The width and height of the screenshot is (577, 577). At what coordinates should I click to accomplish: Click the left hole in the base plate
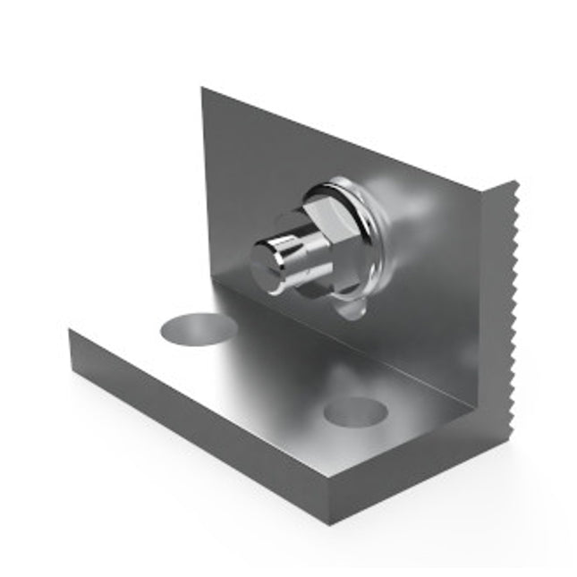click(199, 328)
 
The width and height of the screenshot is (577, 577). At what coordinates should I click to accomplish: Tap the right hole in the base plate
click(355, 412)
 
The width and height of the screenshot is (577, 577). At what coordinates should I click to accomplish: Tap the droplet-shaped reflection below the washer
click(354, 307)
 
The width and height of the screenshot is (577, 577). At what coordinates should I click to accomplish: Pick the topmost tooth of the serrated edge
click(513, 186)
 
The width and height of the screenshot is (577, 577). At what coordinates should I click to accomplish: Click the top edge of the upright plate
click(340, 139)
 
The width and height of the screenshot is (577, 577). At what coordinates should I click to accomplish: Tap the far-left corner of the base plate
click(70, 329)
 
